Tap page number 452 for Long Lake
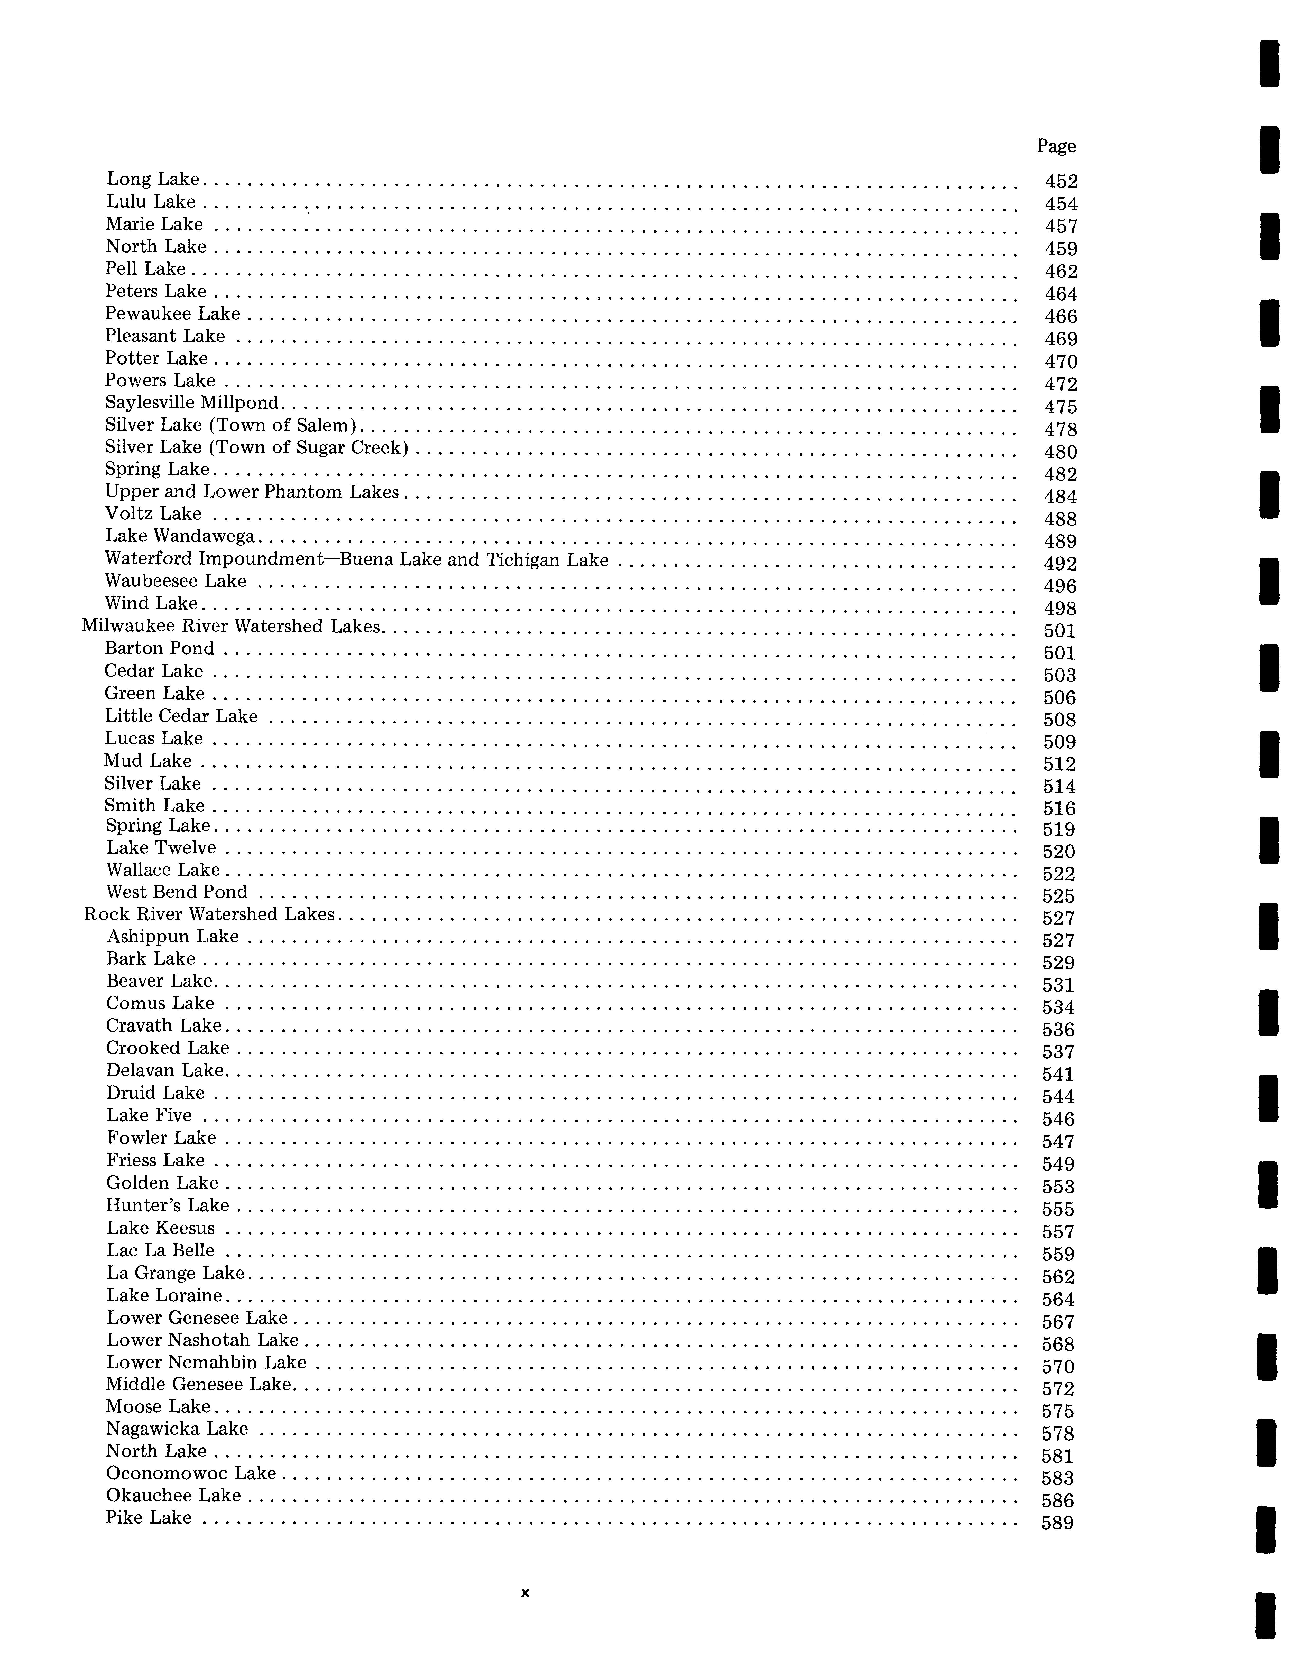pyautogui.click(x=1061, y=181)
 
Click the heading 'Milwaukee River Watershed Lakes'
pyautogui.click(x=231, y=626)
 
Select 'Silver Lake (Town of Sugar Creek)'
pyautogui.click(x=256, y=447)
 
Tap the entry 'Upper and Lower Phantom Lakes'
pyautogui.click(x=252, y=491)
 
